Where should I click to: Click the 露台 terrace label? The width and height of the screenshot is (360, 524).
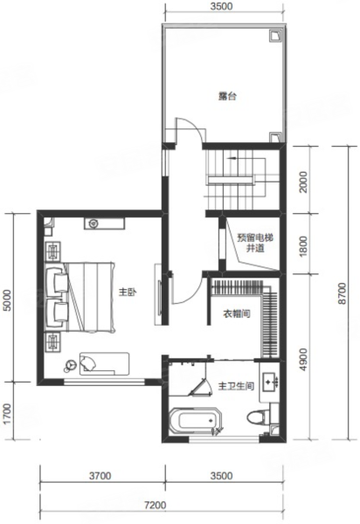228,97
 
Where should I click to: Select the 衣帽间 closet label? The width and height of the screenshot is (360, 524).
237,314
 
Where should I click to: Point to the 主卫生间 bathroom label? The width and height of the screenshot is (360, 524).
236,386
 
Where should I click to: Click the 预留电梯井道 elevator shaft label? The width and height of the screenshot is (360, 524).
255,244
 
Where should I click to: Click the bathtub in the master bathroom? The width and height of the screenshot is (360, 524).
194,421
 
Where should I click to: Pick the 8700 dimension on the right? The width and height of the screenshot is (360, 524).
342,293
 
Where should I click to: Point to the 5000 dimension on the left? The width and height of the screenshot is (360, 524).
7,300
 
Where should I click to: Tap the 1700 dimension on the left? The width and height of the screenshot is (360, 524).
7,414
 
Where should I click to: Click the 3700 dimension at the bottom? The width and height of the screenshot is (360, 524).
100,475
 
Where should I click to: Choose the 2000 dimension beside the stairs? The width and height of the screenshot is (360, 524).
303,182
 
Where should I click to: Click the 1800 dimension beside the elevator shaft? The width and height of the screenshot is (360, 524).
303,246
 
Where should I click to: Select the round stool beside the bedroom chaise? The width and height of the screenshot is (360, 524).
70,365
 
